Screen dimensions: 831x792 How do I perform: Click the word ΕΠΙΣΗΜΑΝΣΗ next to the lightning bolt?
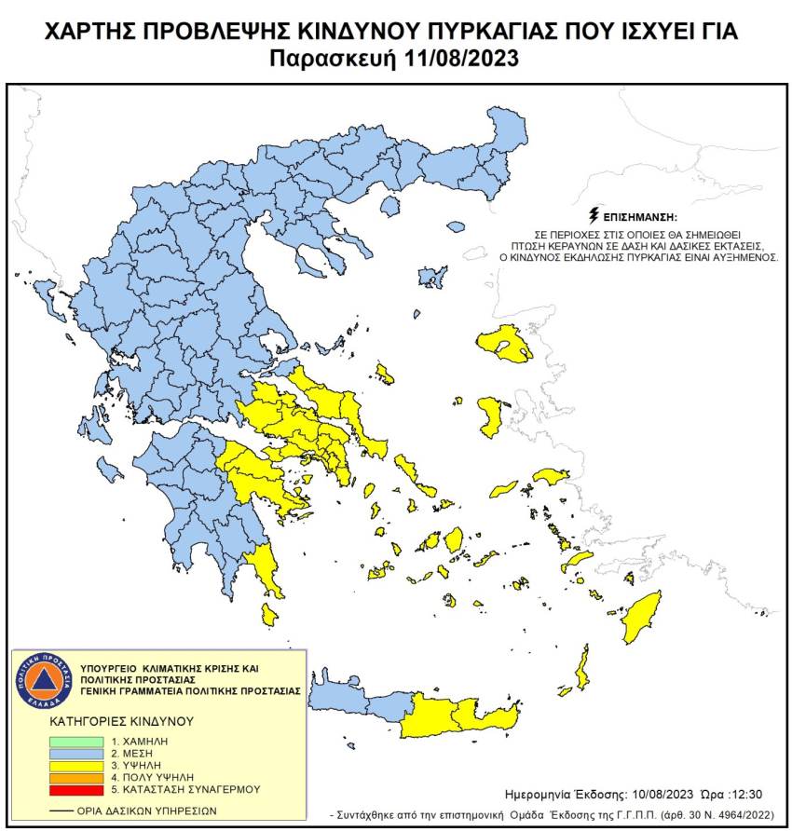[x=639, y=215]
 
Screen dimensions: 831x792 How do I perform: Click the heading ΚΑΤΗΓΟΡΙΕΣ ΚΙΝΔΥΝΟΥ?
[x=121, y=721]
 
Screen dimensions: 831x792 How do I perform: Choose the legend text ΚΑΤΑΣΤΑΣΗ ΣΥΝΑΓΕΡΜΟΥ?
[x=192, y=789]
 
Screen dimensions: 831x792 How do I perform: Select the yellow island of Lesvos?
[x=504, y=347]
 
